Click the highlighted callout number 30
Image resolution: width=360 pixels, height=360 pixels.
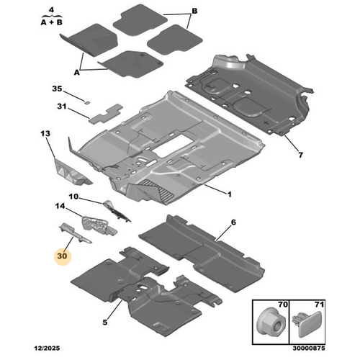pos(62,256)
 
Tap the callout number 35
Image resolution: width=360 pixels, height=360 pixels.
pos(57,89)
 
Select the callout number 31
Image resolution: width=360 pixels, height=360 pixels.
pos(62,106)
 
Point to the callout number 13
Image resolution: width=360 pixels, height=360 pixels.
pos(45,133)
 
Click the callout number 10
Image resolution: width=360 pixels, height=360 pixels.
pos(73,197)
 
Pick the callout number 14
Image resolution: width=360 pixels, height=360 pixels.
pos(60,206)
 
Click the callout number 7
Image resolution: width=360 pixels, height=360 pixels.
pos(300,155)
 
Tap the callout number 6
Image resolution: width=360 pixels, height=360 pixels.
pos(233,222)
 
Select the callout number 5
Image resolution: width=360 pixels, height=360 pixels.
pos(105,322)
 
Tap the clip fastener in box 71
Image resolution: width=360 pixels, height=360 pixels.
pos(307,323)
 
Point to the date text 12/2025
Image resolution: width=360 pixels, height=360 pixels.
pos(47,348)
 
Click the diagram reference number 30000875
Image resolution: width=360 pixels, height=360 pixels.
pos(309,348)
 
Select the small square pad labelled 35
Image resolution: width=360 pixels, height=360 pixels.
pos(87,102)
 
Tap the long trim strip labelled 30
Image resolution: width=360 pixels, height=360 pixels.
pos(75,233)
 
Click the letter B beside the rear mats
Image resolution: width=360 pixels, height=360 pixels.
pos(194,11)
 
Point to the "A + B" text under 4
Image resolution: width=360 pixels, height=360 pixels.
pos(52,22)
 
